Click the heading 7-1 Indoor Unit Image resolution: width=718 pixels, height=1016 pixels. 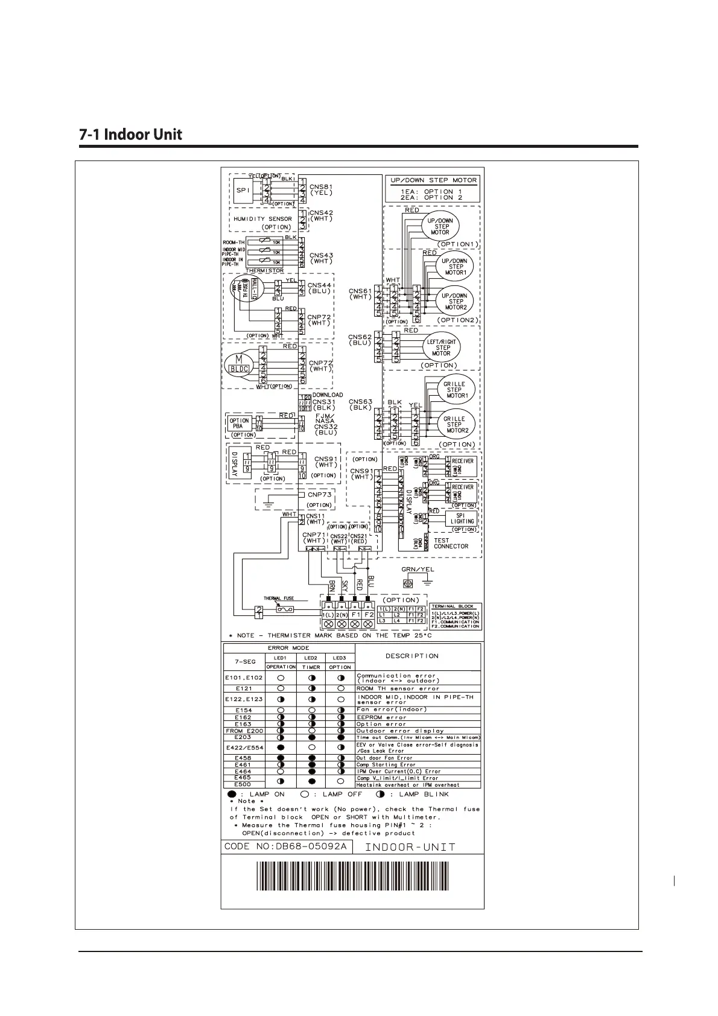click(x=130, y=134)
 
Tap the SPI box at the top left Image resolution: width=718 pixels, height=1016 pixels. click(x=242, y=191)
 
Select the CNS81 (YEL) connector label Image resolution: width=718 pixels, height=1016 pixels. click(x=321, y=190)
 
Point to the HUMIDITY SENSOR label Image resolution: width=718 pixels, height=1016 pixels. click(x=262, y=219)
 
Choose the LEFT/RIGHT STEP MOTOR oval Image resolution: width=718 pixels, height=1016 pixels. click(x=442, y=347)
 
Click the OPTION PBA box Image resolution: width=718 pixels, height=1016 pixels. click(x=239, y=424)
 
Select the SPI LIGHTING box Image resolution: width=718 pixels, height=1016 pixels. click(x=461, y=518)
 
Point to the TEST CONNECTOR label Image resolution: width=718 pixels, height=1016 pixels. click(x=450, y=544)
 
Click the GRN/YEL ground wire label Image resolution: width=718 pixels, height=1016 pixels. click(x=418, y=570)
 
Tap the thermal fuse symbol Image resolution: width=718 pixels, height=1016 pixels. click(x=285, y=609)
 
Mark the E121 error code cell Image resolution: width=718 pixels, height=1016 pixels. click(x=244, y=688)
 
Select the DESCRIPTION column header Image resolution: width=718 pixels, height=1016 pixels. click(x=412, y=656)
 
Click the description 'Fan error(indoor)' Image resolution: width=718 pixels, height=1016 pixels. click(x=392, y=710)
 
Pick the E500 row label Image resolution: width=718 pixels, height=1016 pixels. click(x=243, y=784)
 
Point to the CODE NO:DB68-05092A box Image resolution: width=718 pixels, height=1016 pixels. click(x=286, y=846)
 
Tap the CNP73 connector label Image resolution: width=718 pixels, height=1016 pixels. click(x=319, y=495)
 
